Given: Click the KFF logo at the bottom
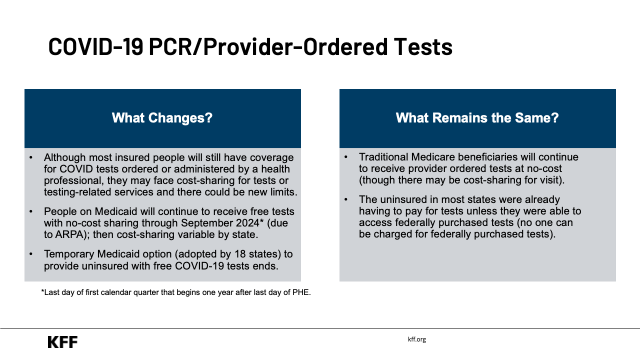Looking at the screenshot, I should pos(62,342).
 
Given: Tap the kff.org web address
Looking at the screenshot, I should pos(416,339).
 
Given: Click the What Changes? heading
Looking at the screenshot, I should pos(162,118).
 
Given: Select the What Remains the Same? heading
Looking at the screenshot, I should pos(477,118).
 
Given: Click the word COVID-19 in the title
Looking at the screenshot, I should pos(95,46).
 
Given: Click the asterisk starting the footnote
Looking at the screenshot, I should pos(43,292).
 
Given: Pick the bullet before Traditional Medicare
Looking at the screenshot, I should pos(346,157).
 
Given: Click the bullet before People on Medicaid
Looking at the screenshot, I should pos(31,211).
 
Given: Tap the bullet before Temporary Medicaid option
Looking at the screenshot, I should pos(31,254).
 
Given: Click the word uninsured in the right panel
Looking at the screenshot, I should pos(402,199).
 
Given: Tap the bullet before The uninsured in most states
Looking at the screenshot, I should pos(346,199).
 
